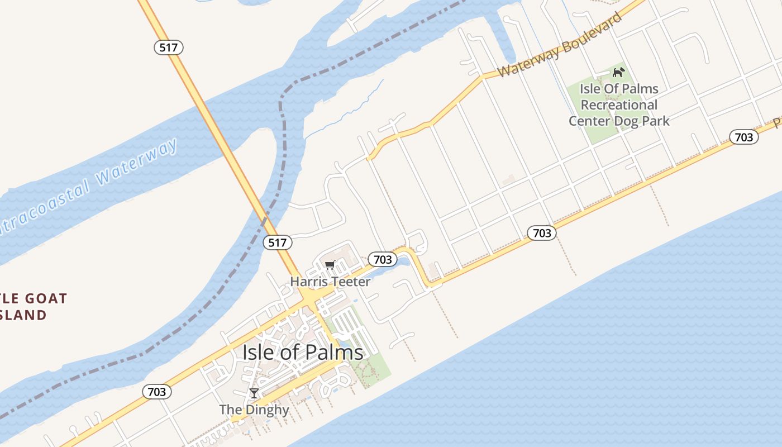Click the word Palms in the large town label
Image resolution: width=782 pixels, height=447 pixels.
click(334, 353)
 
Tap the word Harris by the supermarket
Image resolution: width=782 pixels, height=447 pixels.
click(307, 282)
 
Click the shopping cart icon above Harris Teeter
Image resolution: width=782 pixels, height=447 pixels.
click(330, 265)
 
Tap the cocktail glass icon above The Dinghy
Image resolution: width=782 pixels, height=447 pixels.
click(254, 393)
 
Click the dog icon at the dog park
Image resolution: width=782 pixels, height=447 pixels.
click(618, 72)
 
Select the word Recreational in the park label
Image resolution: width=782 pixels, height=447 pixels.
click(619, 105)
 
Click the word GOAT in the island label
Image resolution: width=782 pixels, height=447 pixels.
click(44, 299)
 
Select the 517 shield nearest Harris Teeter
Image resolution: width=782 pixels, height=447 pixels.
click(278, 242)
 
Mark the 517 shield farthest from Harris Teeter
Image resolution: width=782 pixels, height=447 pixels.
click(169, 47)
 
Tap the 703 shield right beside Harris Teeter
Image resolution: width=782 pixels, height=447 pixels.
click(383, 259)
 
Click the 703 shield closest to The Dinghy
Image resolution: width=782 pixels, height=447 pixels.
click(157, 392)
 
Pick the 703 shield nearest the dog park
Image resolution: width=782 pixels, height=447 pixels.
click(743, 137)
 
